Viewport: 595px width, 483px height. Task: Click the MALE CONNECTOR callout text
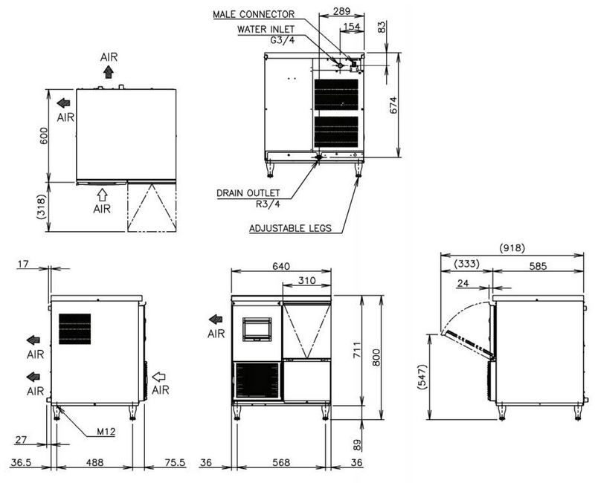tap(254, 14)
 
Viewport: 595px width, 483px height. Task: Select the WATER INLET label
tap(266, 29)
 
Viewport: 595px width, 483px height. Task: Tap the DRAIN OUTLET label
tap(248, 193)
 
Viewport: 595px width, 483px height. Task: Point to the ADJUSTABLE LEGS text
tap(290, 228)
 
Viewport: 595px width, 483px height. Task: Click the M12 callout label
tap(106, 432)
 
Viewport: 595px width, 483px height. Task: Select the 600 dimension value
tap(44, 136)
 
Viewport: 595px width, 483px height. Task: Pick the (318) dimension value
tap(42, 207)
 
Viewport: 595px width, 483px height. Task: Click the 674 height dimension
tap(393, 105)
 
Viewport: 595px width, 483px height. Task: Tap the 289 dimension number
tap(341, 11)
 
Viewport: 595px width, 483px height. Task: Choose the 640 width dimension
tap(281, 266)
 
